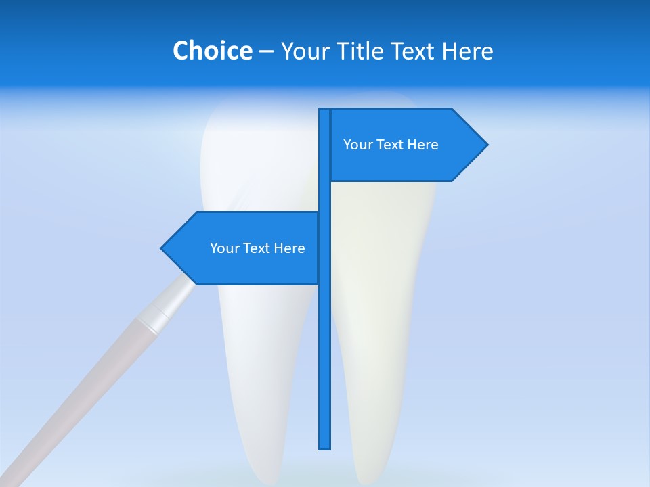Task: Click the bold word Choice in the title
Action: click(x=212, y=51)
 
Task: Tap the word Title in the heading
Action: click(x=362, y=51)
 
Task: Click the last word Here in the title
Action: click(x=467, y=51)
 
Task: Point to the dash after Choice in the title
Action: click(x=266, y=51)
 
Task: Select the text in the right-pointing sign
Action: click(x=391, y=145)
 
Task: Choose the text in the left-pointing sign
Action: click(x=257, y=248)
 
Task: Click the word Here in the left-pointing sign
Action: click(x=289, y=248)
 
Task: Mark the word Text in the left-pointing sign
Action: click(x=257, y=248)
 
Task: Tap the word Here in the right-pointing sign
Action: click(x=422, y=145)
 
